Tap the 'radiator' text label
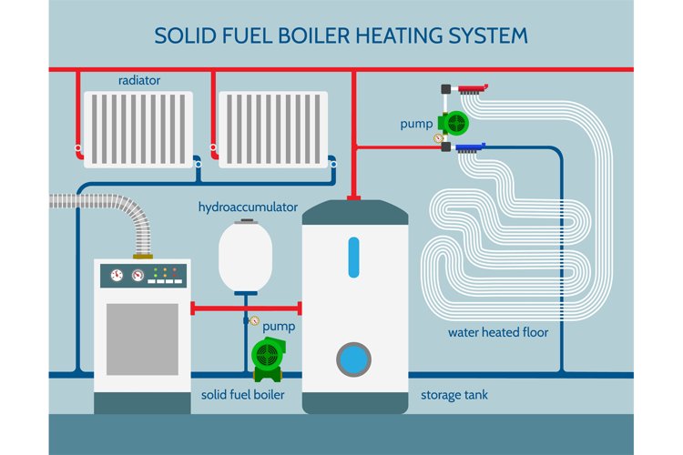139,80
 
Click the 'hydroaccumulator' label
248,207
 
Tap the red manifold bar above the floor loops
469,89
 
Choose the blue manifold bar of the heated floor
468,146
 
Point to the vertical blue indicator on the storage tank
354,257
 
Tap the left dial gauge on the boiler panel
117,274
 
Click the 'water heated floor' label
497,332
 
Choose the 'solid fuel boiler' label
243,395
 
